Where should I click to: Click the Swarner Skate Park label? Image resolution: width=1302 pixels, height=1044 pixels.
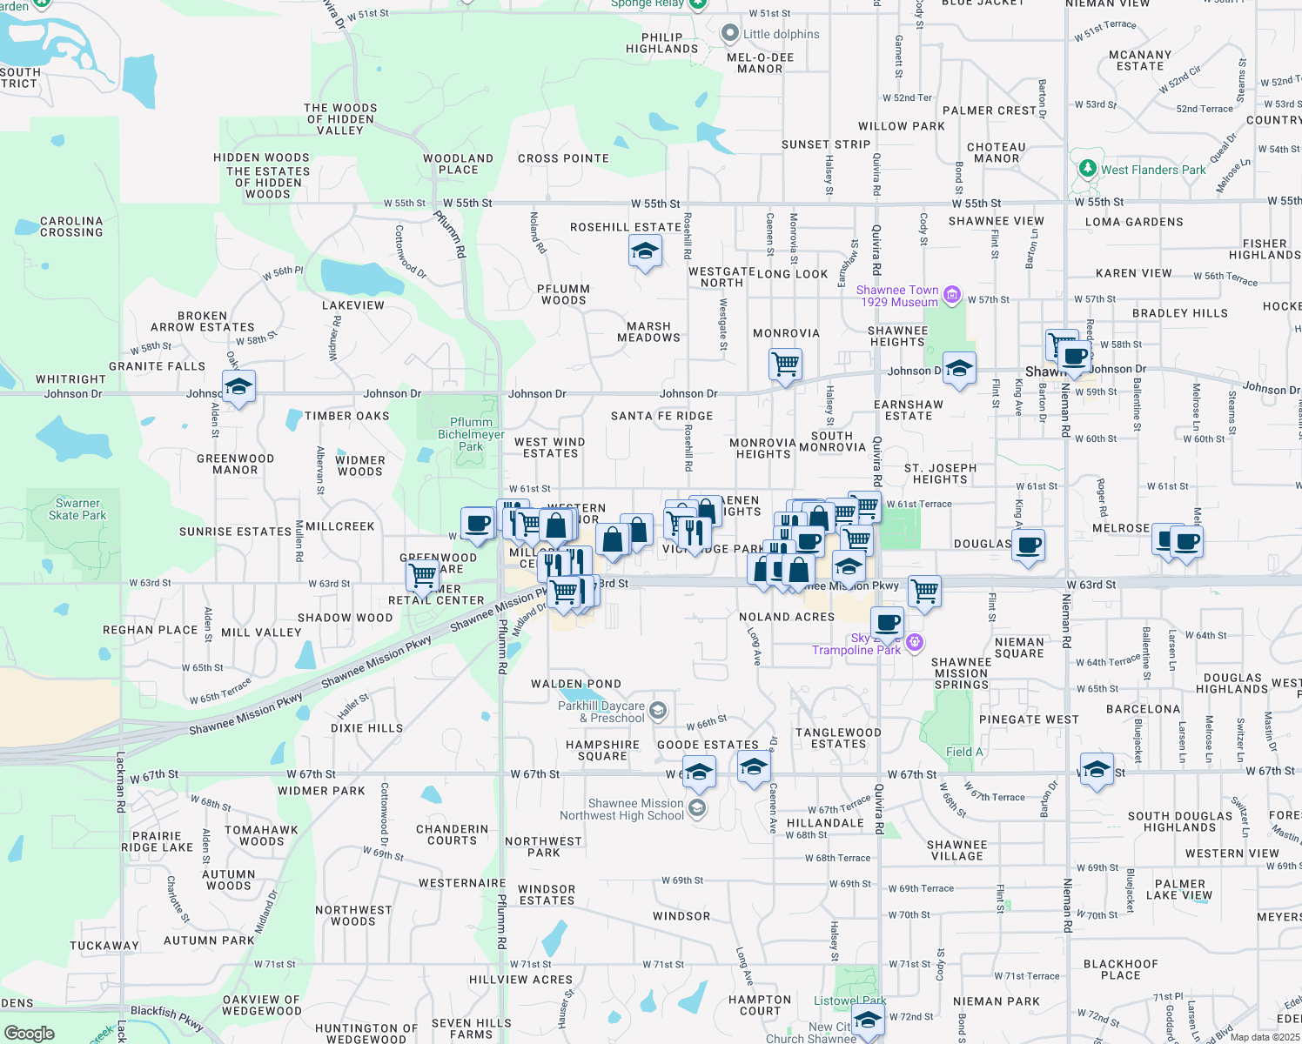coord(77,510)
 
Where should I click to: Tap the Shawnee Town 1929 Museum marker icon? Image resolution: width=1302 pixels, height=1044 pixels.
coord(952,296)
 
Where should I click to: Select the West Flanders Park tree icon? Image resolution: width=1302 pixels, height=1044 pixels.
coord(1087,169)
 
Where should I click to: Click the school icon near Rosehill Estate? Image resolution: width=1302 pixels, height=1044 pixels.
coord(644,252)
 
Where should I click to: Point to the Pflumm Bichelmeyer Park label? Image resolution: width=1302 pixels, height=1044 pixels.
coord(471,434)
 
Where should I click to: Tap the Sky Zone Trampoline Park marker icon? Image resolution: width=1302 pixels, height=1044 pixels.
coord(914,643)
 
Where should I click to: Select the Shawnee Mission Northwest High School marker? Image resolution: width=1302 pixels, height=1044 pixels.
coord(696,809)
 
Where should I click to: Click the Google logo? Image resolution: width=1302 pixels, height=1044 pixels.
coord(29,1034)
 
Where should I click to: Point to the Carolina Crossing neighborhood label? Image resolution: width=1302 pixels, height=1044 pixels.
coord(71,227)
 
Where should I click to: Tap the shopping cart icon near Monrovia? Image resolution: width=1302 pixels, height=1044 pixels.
coord(785,363)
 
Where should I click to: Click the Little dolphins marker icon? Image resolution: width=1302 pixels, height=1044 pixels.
coord(730,34)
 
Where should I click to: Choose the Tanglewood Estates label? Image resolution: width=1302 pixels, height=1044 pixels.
coord(838,738)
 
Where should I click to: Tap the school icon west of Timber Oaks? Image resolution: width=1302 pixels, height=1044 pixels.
coord(238,385)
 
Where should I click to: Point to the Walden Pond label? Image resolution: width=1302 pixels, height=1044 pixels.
coord(576,684)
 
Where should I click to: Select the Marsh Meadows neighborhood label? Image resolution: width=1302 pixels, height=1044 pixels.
coord(648,332)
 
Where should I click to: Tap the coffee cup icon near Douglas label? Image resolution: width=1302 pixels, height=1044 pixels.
coord(1029,545)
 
